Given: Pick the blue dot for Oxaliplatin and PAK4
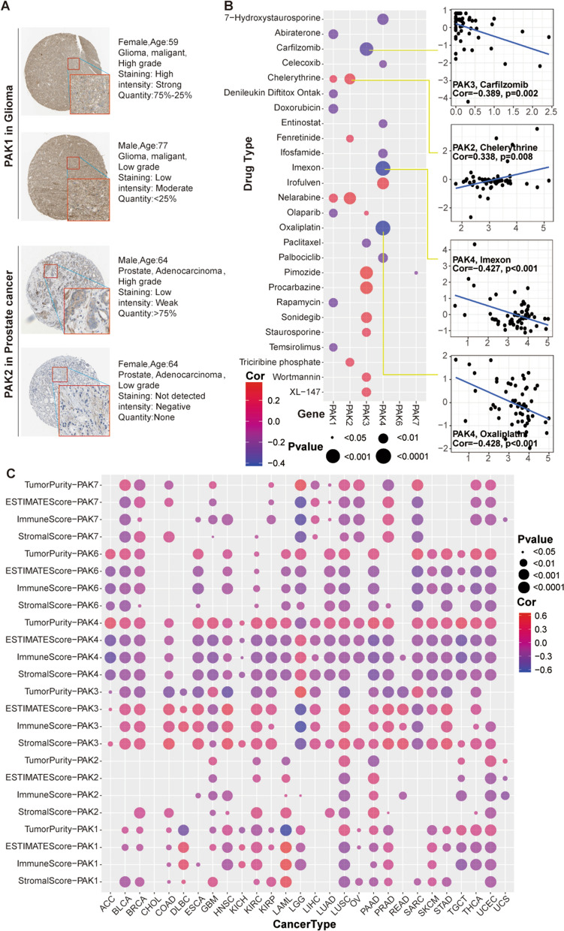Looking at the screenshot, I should pyautogui.click(x=383, y=227).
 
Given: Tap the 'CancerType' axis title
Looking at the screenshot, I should pyautogui.click(x=307, y=924).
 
